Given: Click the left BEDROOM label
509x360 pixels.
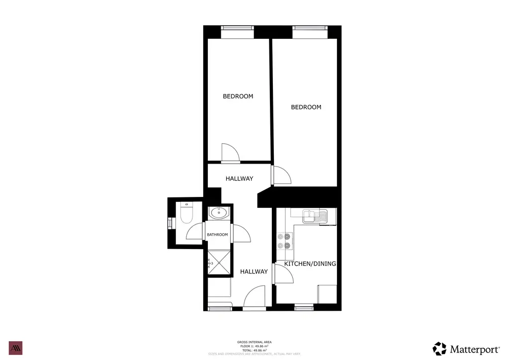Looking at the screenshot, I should pos(238,96).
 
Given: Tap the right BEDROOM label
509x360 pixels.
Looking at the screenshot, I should pos(306,107).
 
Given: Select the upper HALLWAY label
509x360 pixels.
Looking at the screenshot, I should pos(239,179).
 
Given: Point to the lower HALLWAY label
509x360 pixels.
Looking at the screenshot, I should pos(254,271).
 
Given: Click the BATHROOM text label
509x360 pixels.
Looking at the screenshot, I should pos(217,235).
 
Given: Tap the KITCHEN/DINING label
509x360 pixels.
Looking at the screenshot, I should pos(310,264).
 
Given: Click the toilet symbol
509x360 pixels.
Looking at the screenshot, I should pos(186,214).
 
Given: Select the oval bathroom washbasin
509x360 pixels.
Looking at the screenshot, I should pos(219,213).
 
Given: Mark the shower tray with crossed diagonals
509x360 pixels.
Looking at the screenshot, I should pos(219,263).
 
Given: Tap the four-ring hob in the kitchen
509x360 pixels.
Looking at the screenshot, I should pos(285,241).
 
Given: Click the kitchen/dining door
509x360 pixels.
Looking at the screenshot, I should pos(281,274).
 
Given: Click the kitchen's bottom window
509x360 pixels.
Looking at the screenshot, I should pos(304,308).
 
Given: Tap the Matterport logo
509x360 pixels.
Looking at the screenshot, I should pos(466,349).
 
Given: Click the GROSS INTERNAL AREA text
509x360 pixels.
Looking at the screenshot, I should pos(254,342).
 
